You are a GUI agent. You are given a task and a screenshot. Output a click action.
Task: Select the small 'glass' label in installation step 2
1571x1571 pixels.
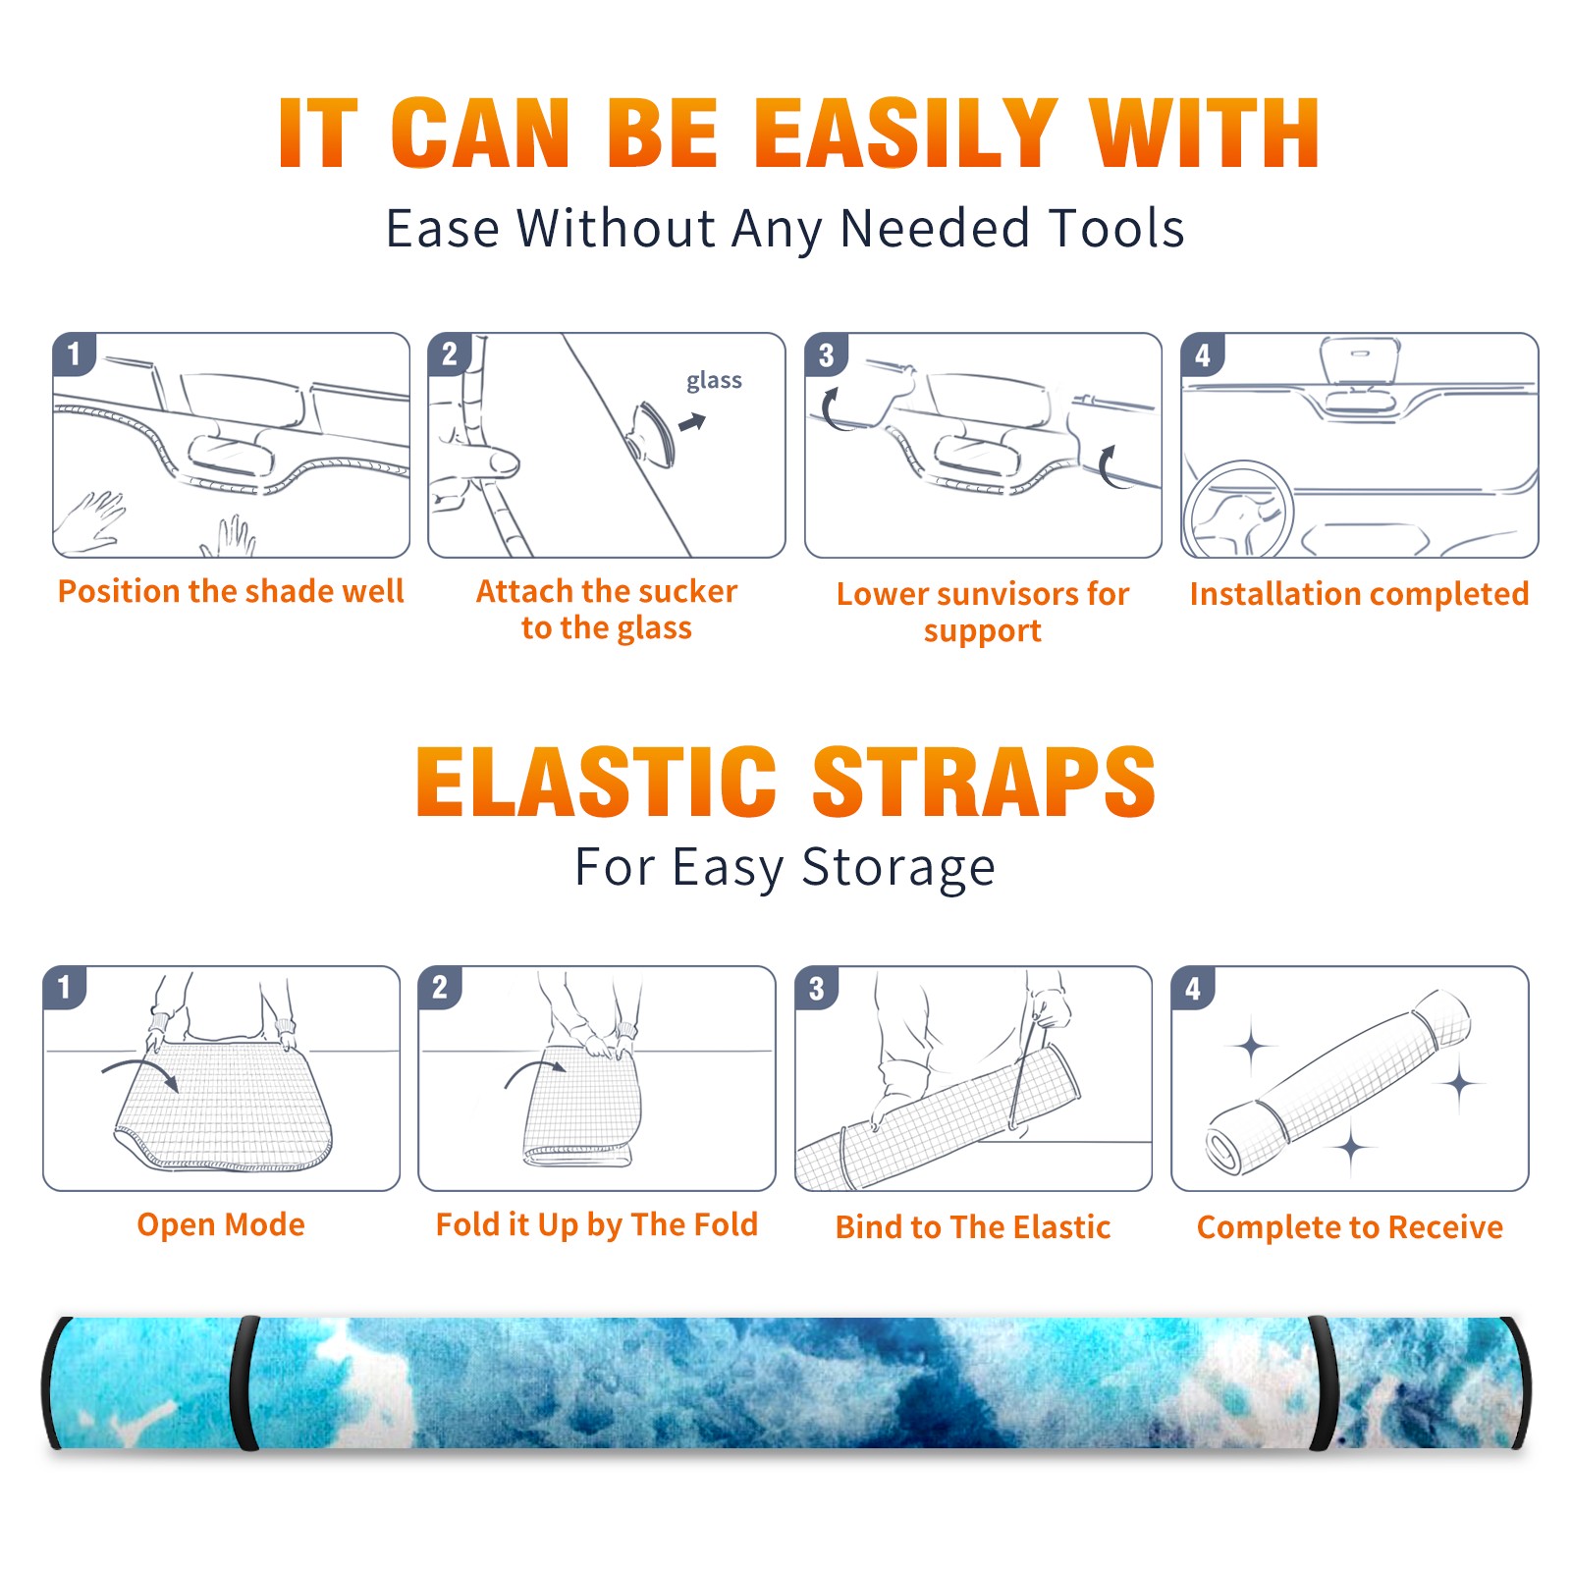714,381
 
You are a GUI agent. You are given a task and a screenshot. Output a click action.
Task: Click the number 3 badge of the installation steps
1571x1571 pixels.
826,354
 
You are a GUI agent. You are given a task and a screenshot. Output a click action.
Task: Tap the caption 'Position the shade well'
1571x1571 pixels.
231,591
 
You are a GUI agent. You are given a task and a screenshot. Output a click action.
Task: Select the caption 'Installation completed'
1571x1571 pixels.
1359,594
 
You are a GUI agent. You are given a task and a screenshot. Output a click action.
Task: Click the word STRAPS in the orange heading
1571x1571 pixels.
984,782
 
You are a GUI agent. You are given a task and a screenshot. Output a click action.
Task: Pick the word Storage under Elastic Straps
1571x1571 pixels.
898,868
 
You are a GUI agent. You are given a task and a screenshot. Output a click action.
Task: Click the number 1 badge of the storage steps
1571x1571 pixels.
65,987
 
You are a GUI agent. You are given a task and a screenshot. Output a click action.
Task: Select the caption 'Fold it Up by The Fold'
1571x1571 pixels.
597,1224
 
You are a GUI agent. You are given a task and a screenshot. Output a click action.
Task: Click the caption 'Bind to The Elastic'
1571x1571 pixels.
973,1227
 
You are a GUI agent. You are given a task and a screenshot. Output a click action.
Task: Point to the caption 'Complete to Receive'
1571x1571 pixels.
1350,1227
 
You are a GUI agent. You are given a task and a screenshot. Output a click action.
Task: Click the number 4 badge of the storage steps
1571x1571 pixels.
1193,988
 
